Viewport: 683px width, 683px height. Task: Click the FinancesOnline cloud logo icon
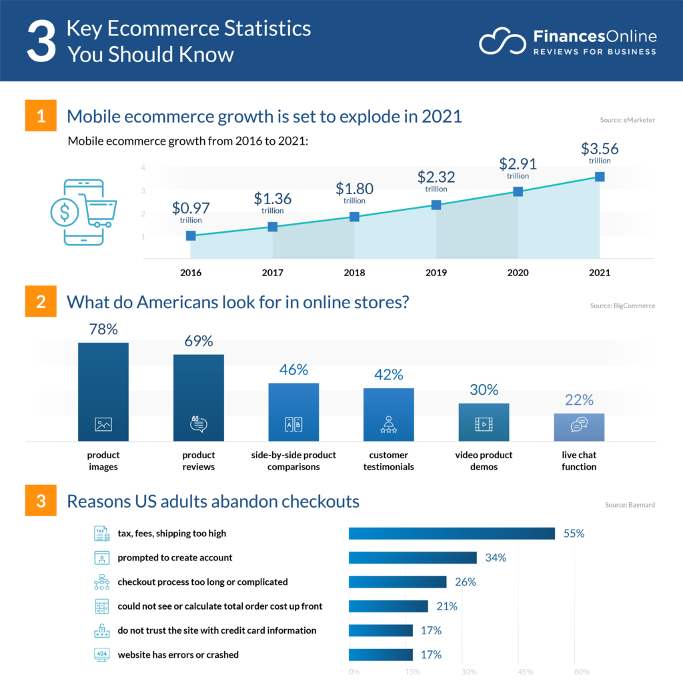click(x=502, y=41)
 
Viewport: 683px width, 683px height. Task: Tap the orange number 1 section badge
click(x=41, y=116)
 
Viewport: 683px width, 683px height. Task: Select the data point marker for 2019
click(x=436, y=205)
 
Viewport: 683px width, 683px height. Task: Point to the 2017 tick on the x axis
click(x=272, y=273)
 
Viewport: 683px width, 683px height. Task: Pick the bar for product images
click(x=103, y=392)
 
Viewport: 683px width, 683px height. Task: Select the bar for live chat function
click(x=579, y=427)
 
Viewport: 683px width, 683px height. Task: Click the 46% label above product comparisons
click(x=293, y=370)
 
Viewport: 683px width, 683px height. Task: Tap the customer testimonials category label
click(x=388, y=461)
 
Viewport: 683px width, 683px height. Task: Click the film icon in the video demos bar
click(x=484, y=424)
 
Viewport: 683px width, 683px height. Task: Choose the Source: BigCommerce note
click(x=622, y=305)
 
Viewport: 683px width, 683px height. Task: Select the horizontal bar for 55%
click(x=452, y=534)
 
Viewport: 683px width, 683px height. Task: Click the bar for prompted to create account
click(x=413, y=558)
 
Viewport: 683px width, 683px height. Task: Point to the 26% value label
click(x=465, y=582)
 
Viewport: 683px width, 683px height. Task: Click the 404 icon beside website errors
click(x=101, y=654)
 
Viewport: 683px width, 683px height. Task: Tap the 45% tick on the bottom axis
click(x=525, y=672)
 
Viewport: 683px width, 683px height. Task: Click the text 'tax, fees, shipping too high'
click(x=171, y=534)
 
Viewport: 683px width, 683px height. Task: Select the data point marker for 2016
click(x=191, y=235)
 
